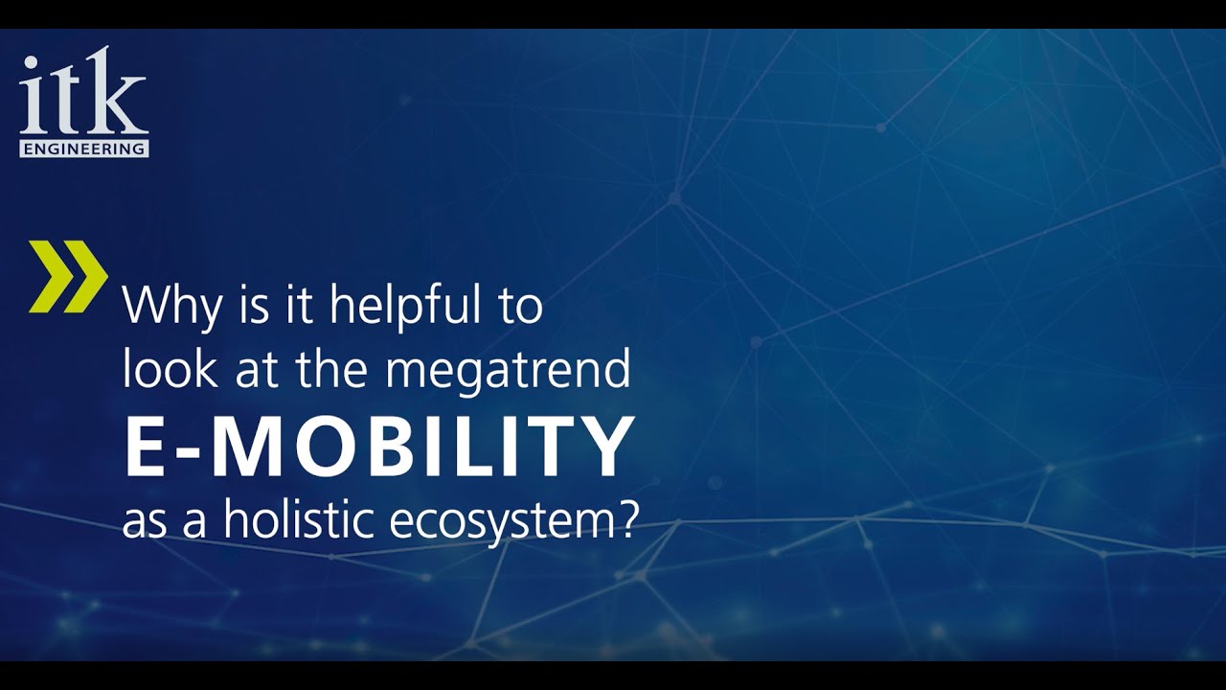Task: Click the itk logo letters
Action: pyautogui.click(x=82, y=96)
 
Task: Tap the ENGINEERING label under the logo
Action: pyautogui.click(x=84, y=149)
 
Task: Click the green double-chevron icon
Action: pyautogui.click(x=67, y=276)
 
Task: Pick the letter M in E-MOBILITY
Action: pyautogui.click(x=250, y=447)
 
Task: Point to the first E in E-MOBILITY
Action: pyautogui.click(x=147, y=447)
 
